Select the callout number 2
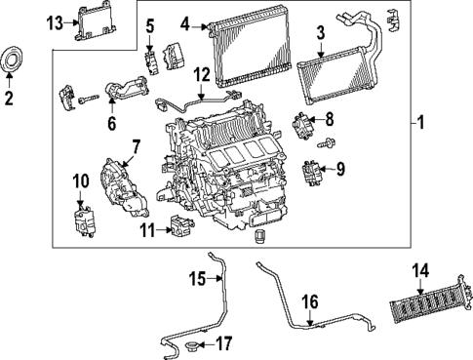pos(9,100)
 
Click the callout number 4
pos(185,21)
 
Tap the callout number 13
pos(56,20)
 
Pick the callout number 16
pos(309,303)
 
